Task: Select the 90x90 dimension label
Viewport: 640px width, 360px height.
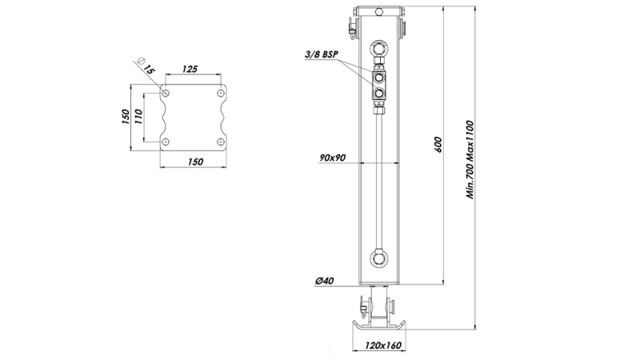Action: tap(330, 157)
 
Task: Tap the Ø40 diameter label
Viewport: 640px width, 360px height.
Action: tap(325, 281)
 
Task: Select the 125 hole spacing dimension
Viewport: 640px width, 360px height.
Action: tap(190, 70)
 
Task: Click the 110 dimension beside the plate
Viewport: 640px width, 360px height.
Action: tap(137, 118)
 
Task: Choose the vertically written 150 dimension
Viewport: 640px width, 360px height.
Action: tap(126, 118)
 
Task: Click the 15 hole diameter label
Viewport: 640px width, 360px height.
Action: tap(148, 68)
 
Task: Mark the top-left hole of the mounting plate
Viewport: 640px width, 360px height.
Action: tap(166, 94)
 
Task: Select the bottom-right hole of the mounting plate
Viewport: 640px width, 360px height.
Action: tap(219, 142)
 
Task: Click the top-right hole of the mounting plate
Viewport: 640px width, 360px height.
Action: tap(219, 94)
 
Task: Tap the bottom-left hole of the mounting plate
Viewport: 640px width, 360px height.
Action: tap(166, 142)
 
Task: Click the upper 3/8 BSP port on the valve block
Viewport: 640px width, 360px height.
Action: tap(378, 78)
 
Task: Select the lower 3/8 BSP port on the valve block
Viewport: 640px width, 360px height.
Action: tap(378, 94)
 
